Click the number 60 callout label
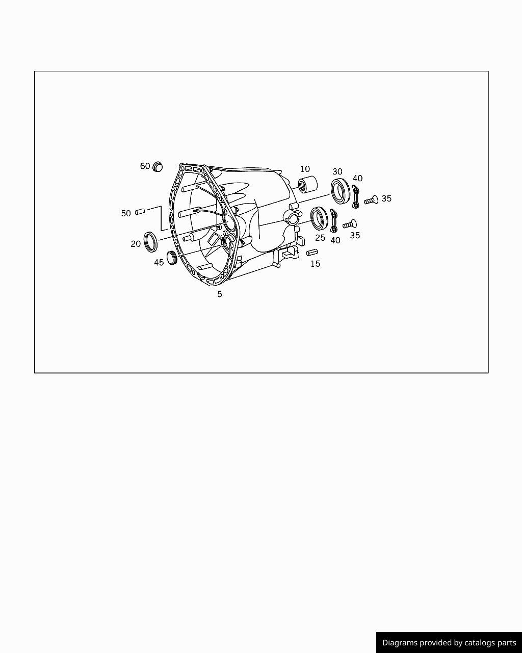coord(145,166)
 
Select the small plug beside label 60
coord(158,167)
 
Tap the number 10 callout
coord(305,169)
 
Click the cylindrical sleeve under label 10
coord(307,184)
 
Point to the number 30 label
coord(337,171)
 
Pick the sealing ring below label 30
coord(341,191)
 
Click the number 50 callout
coord(126,213)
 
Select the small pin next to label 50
coord(140,211)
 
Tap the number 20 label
coord(136,244)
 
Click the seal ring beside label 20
coord(150,242)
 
